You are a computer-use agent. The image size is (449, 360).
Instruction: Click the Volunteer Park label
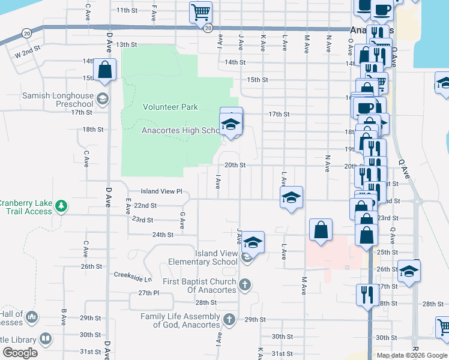170,107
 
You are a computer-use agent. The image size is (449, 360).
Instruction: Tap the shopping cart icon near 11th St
200,11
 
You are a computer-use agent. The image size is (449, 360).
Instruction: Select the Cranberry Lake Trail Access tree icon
61,206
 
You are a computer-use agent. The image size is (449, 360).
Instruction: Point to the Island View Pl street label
161,191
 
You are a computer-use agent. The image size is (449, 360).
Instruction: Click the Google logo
20,353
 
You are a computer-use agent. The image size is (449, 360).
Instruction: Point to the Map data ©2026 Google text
411,355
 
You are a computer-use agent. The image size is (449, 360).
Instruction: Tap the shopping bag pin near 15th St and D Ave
104,70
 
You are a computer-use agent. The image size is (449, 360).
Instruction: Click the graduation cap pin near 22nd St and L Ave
291,197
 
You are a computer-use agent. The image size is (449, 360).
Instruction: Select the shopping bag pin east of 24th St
321,230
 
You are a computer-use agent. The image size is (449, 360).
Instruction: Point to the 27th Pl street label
147,293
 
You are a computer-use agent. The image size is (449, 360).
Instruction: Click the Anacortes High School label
181,131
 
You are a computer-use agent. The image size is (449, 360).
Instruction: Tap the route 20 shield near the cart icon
208,28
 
